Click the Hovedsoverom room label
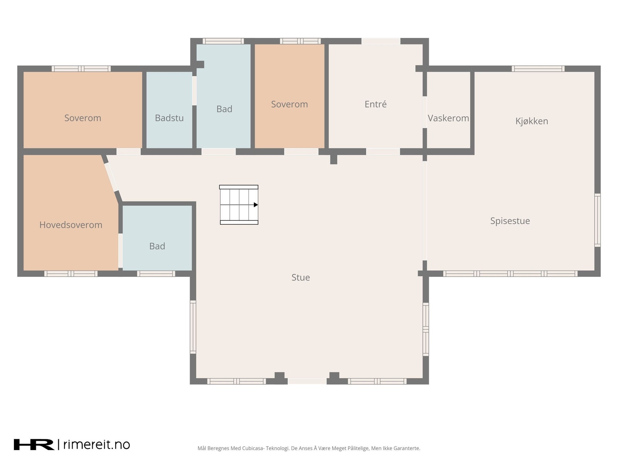[x=71, y=225]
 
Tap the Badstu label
[x=169, y=118]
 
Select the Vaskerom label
[x=448, y=118]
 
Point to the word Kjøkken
[x=531, y=121]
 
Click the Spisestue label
[x=510, y=221]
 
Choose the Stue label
[x=301, y=278]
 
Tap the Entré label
[x=375, y=104]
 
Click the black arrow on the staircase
[x=256, y=205]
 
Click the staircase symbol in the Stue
[x=239, y=205]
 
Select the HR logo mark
[x=34, y=445]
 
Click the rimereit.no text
[x=97, y=445]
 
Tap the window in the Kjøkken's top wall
[x=538, y=69]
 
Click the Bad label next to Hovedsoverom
[x=157, y=246]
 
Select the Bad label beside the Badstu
[x=224, y=109]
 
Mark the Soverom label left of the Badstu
[x=83, y=118]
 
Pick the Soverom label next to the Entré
[x=289, y=104]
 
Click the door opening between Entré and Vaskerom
[x=424, y=112]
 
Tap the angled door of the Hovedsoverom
[x=111, y=177]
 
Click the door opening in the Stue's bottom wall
[x=307, y=381]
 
